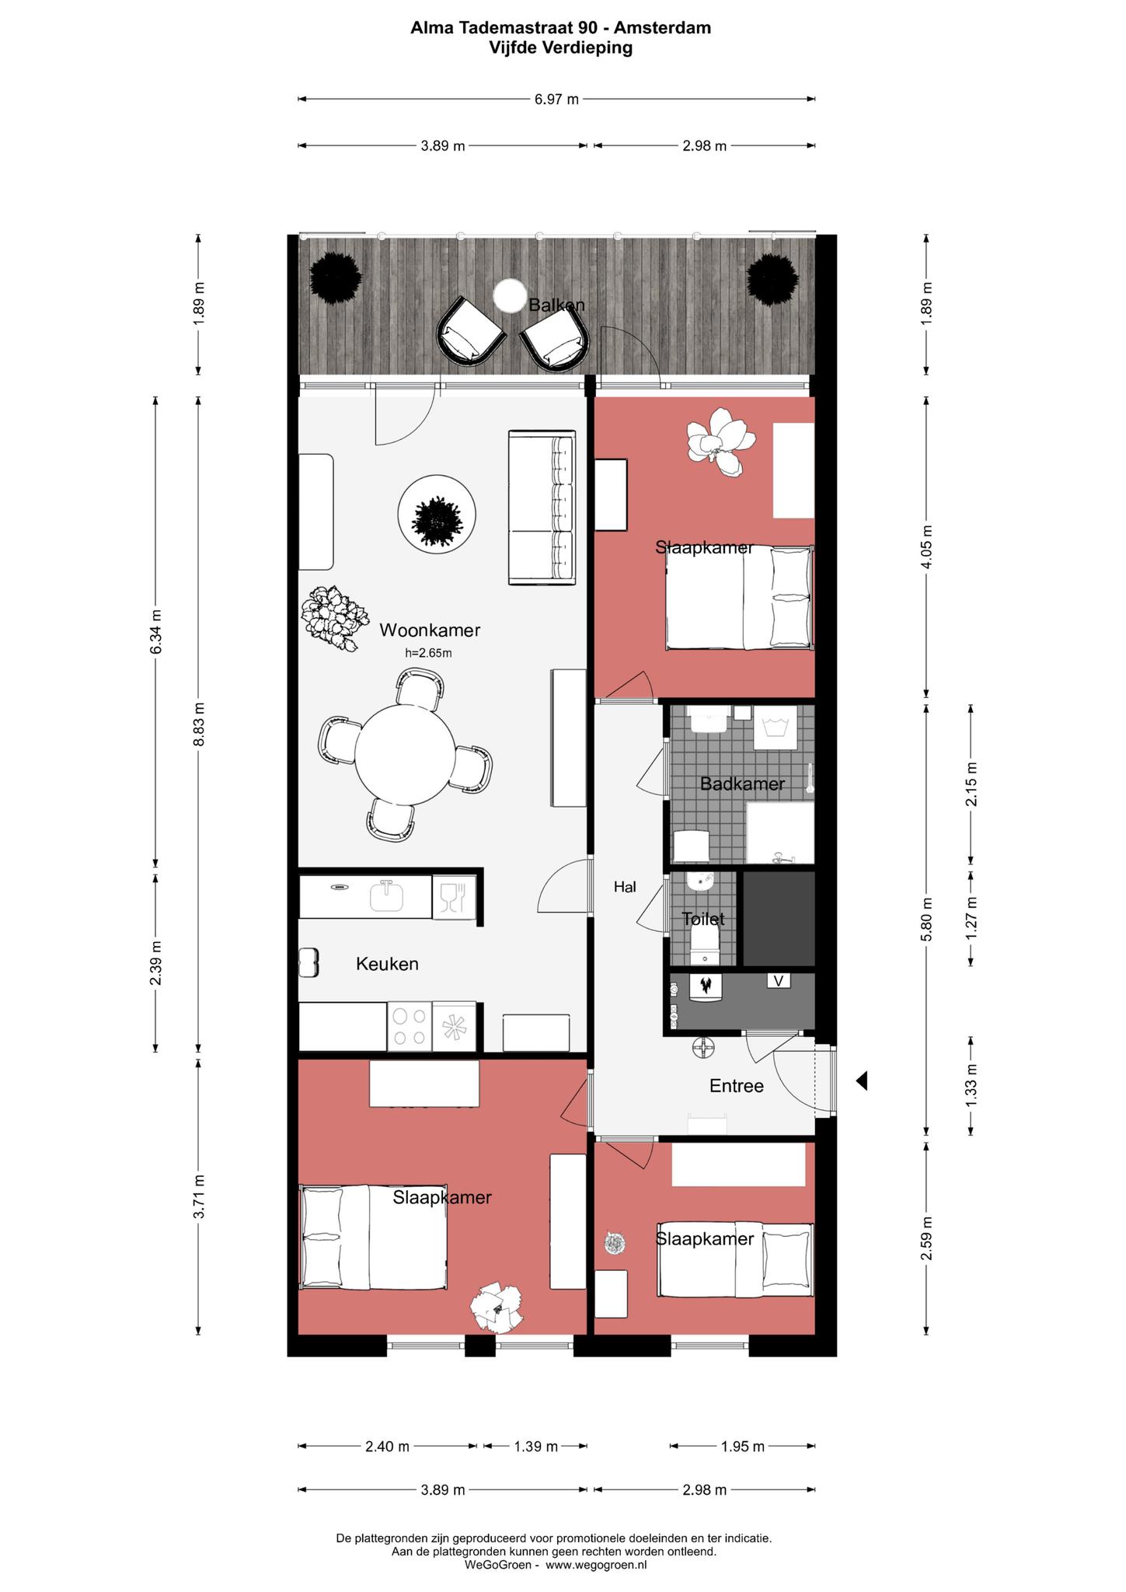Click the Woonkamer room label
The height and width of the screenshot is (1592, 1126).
430,630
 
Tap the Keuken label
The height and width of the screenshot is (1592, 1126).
387,964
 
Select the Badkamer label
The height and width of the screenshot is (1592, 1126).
742,784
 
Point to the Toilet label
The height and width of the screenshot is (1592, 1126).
703,919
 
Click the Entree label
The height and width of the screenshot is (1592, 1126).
737,1086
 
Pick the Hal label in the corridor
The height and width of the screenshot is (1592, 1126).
625,886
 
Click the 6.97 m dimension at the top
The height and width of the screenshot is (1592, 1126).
556,99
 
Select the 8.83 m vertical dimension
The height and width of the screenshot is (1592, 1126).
199,724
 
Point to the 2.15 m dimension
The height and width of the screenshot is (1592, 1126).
971,784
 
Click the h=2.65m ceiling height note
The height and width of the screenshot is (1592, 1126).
428,653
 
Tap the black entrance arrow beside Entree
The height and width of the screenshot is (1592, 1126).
861,1081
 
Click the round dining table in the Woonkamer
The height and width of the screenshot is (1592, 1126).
406,756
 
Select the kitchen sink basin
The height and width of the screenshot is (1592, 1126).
386,896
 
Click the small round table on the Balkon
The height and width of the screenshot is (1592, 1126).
510,295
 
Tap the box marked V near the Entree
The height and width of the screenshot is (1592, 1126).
779,981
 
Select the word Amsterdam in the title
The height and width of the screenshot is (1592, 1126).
662,28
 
